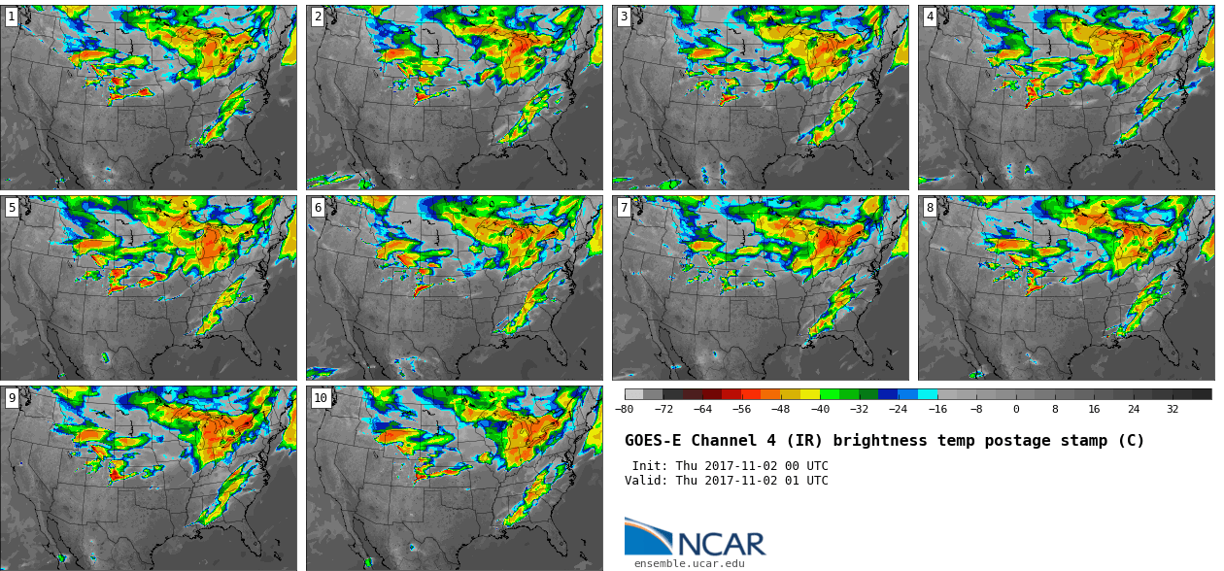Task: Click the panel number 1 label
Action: click(12, 17)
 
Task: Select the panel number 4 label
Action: click(930, 17)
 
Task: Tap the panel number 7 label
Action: click(624, 207)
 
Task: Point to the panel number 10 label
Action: click(321, 397)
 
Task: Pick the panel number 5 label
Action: click(12, 207)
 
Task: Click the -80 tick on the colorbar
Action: click(624, 409)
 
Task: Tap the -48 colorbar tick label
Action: click(780, 409)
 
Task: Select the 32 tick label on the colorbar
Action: click(1173, 409)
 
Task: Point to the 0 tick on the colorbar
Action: click(1016, 409)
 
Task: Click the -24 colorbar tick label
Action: click(898, 409)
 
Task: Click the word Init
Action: click(650, 466)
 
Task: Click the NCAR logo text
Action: click(722, 544)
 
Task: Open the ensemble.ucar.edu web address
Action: click(689, 563)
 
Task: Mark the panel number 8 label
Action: click(930, 207)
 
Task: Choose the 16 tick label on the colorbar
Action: click(1094, 409)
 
